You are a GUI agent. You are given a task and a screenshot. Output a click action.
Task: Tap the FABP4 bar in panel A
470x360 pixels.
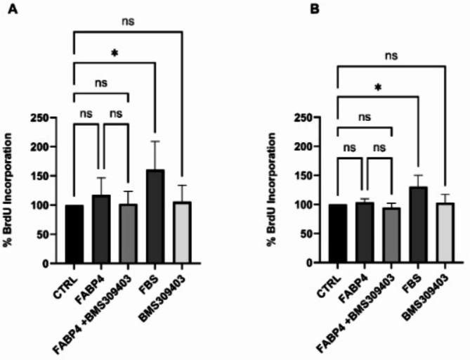coord(101,229)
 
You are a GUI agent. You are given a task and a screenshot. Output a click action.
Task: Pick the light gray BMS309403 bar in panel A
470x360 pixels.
coord(182,233)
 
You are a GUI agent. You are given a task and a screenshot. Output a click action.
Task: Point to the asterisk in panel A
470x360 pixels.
coord(113,53)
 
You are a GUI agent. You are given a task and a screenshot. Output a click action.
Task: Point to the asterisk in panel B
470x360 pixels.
coord(378,86)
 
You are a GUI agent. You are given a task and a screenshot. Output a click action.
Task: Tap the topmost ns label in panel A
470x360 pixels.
coord(128,21)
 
